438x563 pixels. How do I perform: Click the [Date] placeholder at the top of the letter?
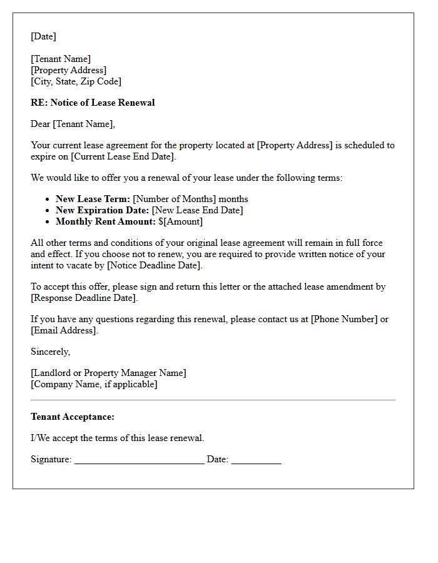click(43, 36)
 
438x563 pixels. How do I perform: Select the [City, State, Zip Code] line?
click(76, 81)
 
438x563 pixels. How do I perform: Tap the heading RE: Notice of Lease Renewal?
click(93, 103)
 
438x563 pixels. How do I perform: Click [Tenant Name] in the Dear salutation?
click(83, 124)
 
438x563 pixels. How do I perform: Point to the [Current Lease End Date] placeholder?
click(123, 156)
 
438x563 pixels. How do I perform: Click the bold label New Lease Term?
click(93, 199)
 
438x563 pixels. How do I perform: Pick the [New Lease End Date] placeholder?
click(197, 210)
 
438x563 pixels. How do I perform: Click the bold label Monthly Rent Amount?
click(105, 221)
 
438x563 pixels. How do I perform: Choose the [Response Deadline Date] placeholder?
click(84, 298)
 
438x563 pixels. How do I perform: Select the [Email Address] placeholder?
click(64, 330)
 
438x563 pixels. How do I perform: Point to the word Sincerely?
click(50, 352)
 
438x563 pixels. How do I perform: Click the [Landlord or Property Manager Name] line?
click(108, 373)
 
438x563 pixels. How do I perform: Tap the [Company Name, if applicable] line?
click(94, 384)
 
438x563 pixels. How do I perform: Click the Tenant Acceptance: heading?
click(73, 417)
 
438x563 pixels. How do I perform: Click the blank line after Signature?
click(139, 460)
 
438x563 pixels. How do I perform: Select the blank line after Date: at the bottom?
click(256, 460)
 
